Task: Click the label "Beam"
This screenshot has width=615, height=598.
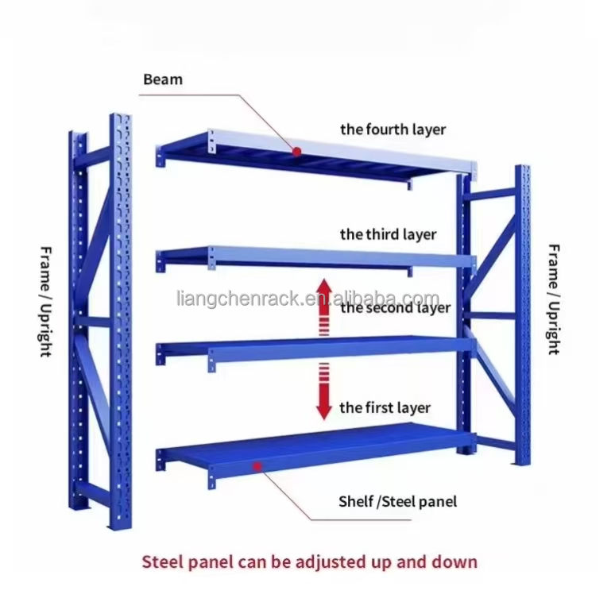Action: (x=162, y=79)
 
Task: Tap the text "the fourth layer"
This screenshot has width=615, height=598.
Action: (x=393, y=129)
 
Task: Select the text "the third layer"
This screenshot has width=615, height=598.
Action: (x=388, y=234)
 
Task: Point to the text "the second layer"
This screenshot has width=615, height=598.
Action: (x=395, y=307)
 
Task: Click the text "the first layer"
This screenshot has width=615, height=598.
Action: (x=385, y=407)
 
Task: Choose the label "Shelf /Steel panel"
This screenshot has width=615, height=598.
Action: (x=397, y=501)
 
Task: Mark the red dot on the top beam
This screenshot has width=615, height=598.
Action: (x=296, y=151)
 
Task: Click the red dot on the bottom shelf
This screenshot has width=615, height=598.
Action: (x=256, y=466)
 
